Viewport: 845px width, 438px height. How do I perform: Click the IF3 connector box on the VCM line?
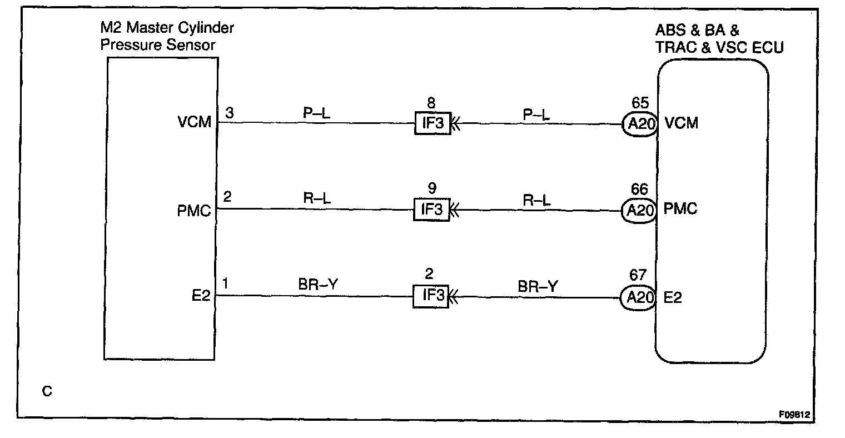pos(432,123)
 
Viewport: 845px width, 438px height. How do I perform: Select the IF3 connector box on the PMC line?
pos(431,210)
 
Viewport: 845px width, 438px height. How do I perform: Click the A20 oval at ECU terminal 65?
pos(639,123)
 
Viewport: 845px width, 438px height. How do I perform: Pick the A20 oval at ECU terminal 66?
pos(639,210)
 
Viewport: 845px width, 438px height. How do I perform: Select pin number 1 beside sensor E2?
pos(226,284)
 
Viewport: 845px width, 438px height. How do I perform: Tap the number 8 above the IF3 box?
pos(431,103)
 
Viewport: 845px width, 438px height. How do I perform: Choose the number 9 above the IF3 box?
pos(431,190)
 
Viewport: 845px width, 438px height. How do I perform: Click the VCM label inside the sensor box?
pos(195,122)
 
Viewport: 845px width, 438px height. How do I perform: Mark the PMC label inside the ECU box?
pos(681,210)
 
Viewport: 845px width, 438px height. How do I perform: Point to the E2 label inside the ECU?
pos(673,298)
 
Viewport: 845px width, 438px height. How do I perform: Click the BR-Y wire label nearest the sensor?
pos(318,285)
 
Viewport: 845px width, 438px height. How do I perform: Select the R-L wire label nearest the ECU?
pos(536,199)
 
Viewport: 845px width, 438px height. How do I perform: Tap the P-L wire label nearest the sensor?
pos(317,112)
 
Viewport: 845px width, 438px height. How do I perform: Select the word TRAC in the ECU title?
pos(675,48)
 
